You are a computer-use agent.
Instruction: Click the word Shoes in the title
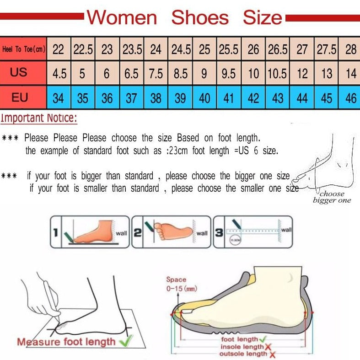click(x=200, y=18)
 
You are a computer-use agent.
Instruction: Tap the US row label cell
click(x=19, y=73)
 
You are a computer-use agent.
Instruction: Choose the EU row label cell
click(x=19, y=97)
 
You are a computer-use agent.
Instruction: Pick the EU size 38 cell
click(x=156, y=98)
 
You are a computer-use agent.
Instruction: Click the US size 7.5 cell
click(x=156, y=74)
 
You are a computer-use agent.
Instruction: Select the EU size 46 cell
click(x=351, y=98)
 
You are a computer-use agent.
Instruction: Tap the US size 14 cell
click(x=351, y=74)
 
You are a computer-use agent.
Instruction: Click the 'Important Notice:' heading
click(x=39, y=118)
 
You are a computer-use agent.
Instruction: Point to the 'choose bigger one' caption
click(x=332, y=197)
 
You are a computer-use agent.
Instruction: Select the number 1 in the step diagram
click(x=55, y=233)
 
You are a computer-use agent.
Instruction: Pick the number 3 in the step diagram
click(x=219, y=233)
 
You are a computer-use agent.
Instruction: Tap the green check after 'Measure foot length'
click(x=125, y=340)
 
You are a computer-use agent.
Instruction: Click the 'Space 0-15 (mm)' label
click(x=176, y=284)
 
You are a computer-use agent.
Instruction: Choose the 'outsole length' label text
click(x=243, y=354)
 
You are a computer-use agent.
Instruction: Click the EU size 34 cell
click(x=58, y=98)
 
